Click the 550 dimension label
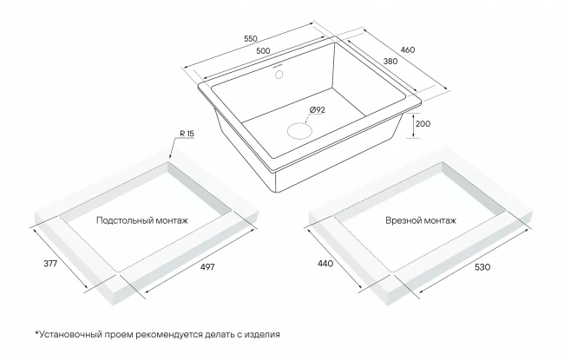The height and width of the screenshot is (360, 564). [251, 38]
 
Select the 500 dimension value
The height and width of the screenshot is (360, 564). [263, 50]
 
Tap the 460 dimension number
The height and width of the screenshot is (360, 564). [408, 49]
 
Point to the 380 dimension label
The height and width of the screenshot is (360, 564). [390, 61]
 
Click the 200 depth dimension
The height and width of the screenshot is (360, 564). [423, 124]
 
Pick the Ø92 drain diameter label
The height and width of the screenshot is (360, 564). [317, 109]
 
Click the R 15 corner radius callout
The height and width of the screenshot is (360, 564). [187, 134]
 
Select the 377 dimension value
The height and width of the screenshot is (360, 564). [50, 264]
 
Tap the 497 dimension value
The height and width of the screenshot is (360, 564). [207, 266]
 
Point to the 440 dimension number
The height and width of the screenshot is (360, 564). [325, 264]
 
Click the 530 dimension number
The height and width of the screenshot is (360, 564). [482, 267]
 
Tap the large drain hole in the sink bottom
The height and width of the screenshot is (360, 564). [299, 130]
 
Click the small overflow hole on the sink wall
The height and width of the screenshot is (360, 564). [279, 75]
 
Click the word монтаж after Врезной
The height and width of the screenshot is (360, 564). [439, 220]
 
